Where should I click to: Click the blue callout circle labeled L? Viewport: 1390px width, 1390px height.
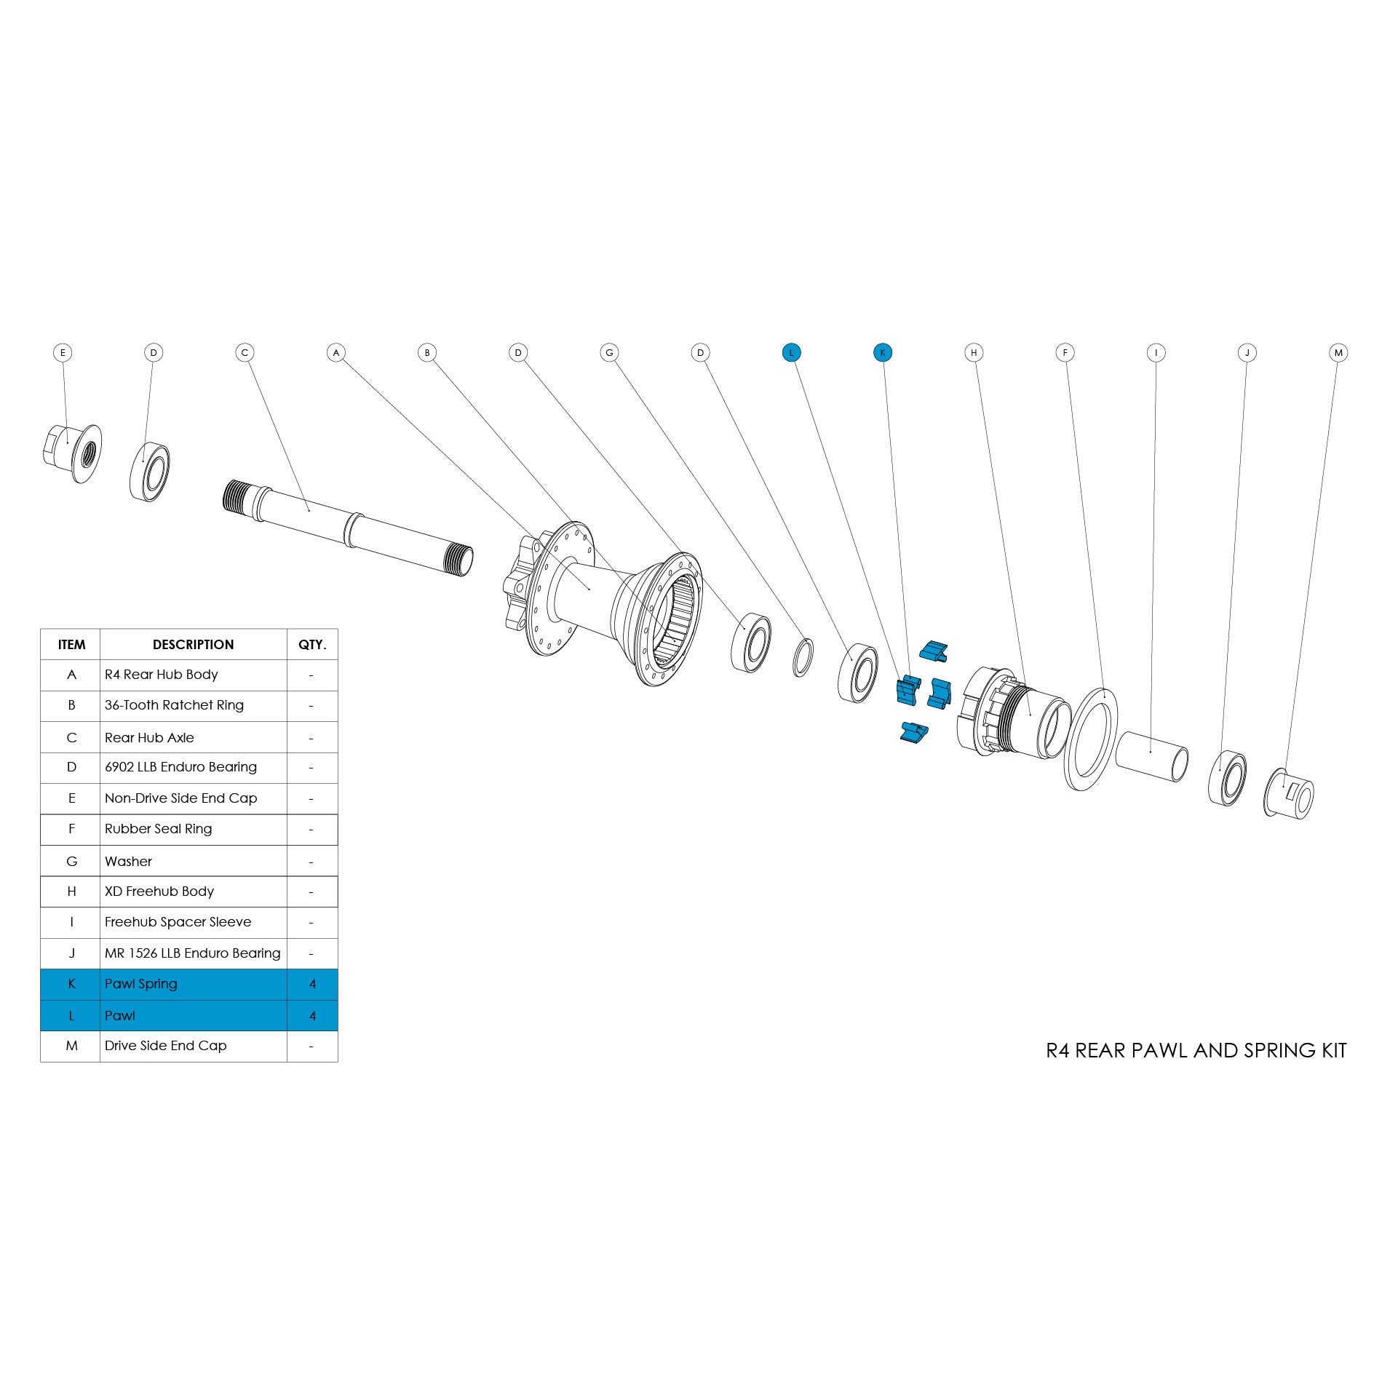point(791,353)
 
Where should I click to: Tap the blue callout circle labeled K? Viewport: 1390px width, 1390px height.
point(882,353)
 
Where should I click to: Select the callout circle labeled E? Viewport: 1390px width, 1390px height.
point(63,353)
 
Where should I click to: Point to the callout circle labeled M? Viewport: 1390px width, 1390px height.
point(1338,353)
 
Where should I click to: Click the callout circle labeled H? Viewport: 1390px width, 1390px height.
point(974,353)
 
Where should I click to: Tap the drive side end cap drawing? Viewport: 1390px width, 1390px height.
point(1290,793)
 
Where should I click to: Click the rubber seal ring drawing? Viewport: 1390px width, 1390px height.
point(1090,738)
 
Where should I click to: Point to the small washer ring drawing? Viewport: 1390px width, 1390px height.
point(802,657)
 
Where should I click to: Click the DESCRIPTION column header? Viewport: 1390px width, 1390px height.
point(193,645)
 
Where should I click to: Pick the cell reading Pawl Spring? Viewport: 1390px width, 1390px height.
point(141,984)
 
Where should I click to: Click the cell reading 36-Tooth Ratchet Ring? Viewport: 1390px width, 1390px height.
point(174,705)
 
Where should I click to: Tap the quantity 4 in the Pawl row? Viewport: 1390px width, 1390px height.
point(312,1016)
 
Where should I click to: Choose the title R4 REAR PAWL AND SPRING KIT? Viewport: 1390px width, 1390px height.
point(1196,1051)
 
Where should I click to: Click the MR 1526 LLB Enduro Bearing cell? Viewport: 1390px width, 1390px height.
point(192,953)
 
